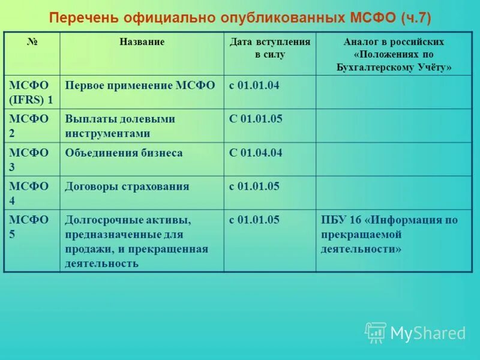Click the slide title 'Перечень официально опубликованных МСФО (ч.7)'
(x=240, y=16)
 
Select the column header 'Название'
(x=142, y=42)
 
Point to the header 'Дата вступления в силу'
(x=270, y=48)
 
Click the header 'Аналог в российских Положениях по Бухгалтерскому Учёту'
(x=394, y=55)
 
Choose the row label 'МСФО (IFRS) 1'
(x=31, y=92)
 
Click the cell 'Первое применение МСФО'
(x=140, y=85)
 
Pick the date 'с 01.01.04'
(x=254, y=85)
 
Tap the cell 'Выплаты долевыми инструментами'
(x=120, y=126)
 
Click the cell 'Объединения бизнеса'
(x=124, y=153)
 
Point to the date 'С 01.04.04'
(x=256, y=153)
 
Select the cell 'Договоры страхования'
(x=127, y=187)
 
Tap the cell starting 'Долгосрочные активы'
(x=136, y=241)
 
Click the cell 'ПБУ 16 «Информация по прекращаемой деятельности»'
(x=389, y=234)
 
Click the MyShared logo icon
(x=376, y=332)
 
